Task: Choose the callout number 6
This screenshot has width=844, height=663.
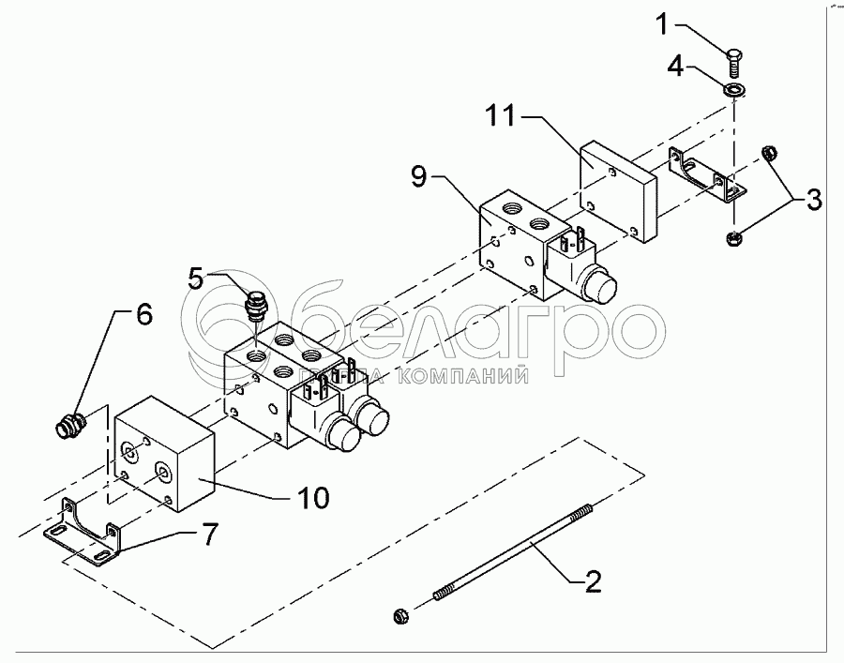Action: (x=143, y=316)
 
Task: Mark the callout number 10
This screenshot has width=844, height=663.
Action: (x=314, y=496)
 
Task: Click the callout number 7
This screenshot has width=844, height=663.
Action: (x=207, y=535)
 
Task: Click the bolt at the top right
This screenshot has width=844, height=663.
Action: (x=734, y=64)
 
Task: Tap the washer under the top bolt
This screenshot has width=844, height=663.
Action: (x=733, y=90)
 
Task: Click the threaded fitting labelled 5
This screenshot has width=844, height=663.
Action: (x=255, y=308)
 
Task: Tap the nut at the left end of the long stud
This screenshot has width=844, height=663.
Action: (x=399, y=616)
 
